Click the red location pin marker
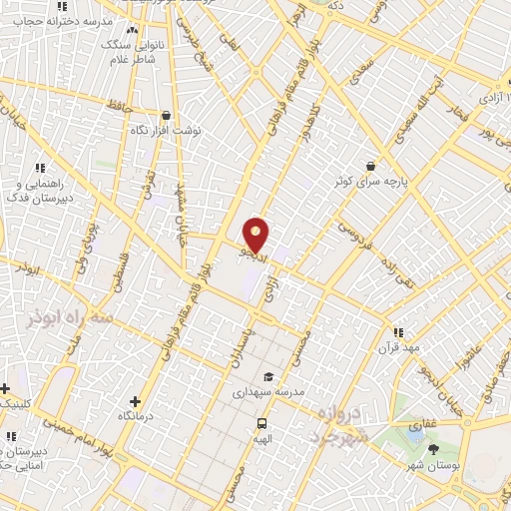pos(256,233)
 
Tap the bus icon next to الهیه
pos(262,422)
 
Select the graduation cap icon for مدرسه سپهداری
pos(267,376)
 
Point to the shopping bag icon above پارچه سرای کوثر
pos(371,166)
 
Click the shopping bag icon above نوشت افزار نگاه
pos(166,116)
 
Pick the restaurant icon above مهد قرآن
pos(397,332)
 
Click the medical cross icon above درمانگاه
pos(134,400)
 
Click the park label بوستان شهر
pos(432,464)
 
